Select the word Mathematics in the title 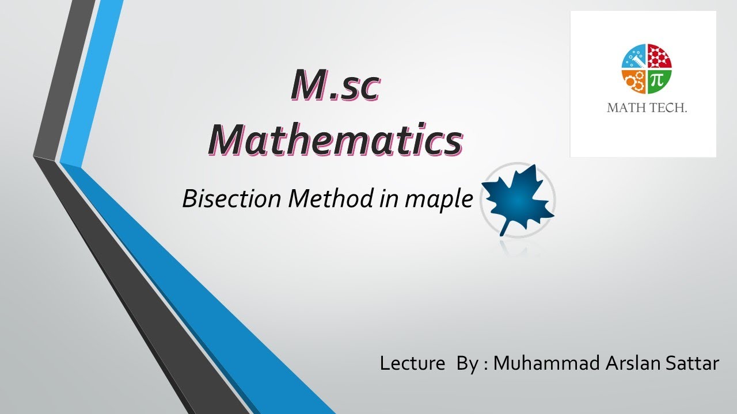[x=335, y=140]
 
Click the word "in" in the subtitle [x=388, y=199]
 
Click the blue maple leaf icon [x=517, y=198]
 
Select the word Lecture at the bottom [x=412, y=363]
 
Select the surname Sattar [x=693, y=363]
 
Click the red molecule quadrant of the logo [x=659, y=57]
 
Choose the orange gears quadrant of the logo [x=635, y=82]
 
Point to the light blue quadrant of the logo [x=635, y=57]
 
